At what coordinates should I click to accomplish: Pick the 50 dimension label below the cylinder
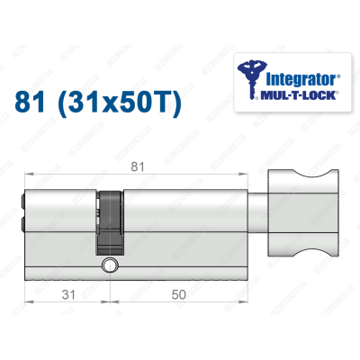coord(181,292)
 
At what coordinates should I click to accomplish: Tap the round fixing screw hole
coord(110,265)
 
